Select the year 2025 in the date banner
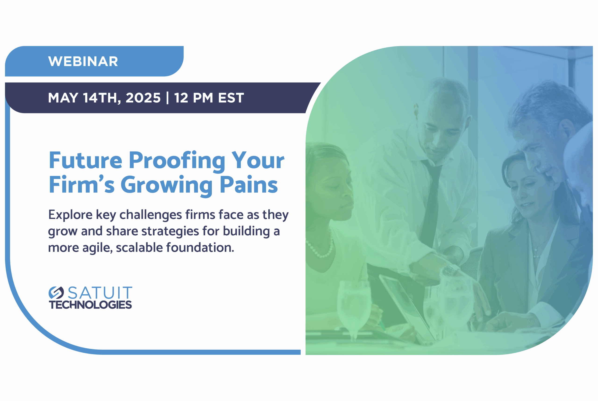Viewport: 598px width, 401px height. click(143, 98)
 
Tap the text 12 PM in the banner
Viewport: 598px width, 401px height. click(194, 98)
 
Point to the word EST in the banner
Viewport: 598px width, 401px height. click(231, 98)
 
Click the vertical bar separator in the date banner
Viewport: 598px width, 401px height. click(167, 98)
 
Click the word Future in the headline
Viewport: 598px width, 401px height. click(85, 160)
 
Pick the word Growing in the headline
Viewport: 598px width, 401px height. click(167, 186)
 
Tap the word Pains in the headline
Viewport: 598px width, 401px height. click(249, 184)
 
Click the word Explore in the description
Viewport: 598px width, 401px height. click(70, 215)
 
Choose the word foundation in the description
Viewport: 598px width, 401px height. click(200, 248)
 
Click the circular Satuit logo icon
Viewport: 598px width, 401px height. click(56, 293)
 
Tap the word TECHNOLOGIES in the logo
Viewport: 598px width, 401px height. click(90, 305)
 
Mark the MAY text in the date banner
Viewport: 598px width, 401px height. click(63, 98)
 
